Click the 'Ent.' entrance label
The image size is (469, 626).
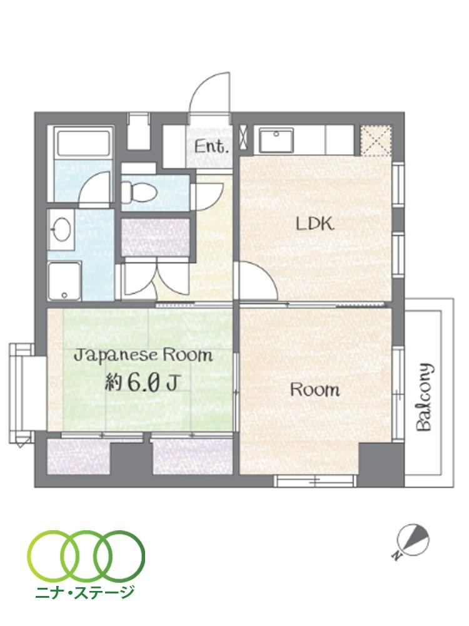[212, 147]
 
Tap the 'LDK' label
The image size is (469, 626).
[315, 224]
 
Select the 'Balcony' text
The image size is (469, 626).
[424, 398]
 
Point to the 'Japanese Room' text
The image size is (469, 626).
[144, 355]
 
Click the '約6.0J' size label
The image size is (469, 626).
[141, 383]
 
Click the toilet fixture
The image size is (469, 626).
[138, 191]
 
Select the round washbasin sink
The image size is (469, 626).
[61, 228]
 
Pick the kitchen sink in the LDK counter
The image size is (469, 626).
[276, 140]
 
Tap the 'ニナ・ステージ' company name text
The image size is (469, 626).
[84, 592]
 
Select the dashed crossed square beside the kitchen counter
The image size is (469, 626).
[376, 140]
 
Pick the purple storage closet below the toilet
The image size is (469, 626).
[155, 237]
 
